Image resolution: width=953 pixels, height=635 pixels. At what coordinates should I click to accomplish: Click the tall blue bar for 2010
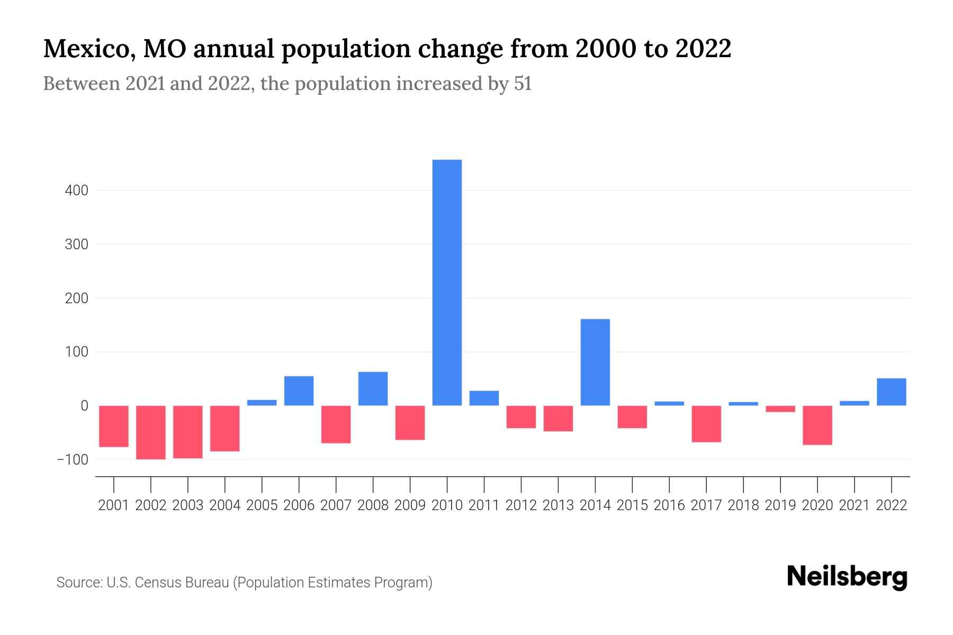click(x=447, y=283)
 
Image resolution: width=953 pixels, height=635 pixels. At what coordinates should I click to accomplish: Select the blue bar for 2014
click(x=595, y=362)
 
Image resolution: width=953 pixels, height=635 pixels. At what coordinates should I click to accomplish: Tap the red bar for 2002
click(x=151, y=432)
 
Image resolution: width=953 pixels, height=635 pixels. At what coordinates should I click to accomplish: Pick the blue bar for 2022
click(x=891, y=392)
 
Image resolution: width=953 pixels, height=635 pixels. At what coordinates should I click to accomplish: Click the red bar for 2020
click(x=817, y=425)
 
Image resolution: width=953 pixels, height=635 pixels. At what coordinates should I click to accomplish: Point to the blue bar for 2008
click(x=373, y=389)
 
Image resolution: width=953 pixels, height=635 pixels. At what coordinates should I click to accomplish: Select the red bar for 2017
click(x=706, y=424)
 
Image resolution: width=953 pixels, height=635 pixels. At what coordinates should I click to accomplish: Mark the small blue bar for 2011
click(x=484, y=398)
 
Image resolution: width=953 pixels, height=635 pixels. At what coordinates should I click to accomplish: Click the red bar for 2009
click(x=410, y=423)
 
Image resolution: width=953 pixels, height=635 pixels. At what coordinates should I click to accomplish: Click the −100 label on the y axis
click(x=73, y=459)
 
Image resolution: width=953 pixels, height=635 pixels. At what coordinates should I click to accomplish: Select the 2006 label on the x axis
click(x=299, y=505)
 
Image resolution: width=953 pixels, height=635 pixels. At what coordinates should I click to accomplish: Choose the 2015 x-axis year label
click(x=632, y=505)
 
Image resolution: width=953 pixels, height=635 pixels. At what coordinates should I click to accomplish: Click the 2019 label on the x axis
click(x=780, y=505)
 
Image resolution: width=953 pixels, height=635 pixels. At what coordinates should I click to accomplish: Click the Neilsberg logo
click(x=847, y=577)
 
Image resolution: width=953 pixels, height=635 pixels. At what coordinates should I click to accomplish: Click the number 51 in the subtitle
click(x=522, y=84)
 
